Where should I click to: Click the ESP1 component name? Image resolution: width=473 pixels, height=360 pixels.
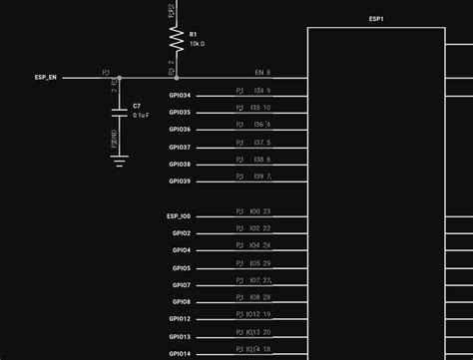375,19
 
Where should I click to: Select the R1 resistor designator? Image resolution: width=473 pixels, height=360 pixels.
193,35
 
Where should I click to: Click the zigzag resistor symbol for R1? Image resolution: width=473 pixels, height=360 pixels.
176,39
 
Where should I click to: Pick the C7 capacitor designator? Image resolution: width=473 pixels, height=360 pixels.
137,105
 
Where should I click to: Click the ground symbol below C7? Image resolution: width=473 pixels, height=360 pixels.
120,159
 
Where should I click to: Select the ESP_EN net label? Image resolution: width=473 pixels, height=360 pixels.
45,76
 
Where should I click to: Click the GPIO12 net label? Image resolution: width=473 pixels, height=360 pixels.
181,318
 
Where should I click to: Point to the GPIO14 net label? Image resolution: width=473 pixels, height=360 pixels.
181,353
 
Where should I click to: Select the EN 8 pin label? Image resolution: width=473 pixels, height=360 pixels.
262,73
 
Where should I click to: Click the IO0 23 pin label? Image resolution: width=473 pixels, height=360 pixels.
259,211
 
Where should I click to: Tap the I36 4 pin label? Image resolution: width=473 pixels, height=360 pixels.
261,125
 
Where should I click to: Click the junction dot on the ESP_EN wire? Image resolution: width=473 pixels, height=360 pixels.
120,77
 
